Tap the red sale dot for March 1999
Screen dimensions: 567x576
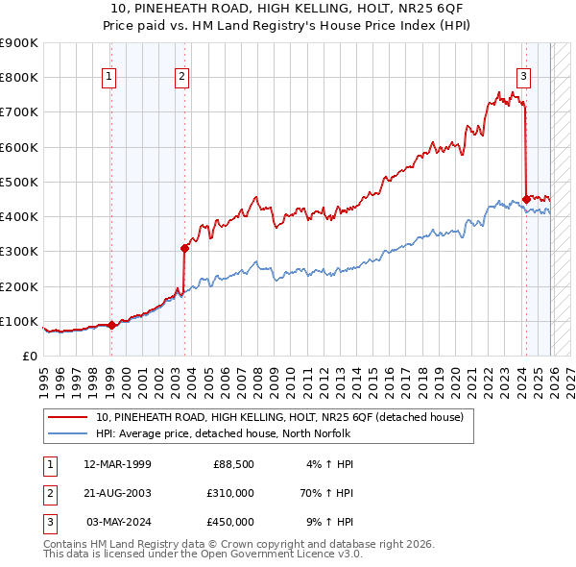click(111, 325)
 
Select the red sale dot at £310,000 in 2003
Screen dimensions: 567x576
click(184, 248)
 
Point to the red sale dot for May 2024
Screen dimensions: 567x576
click(526, 199)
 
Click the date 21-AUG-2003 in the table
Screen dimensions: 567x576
click(117, 493)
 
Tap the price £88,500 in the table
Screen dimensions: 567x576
click(233, 464)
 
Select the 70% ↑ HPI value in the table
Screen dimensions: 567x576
click(326, 493)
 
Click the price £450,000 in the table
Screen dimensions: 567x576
click(230, 522)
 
